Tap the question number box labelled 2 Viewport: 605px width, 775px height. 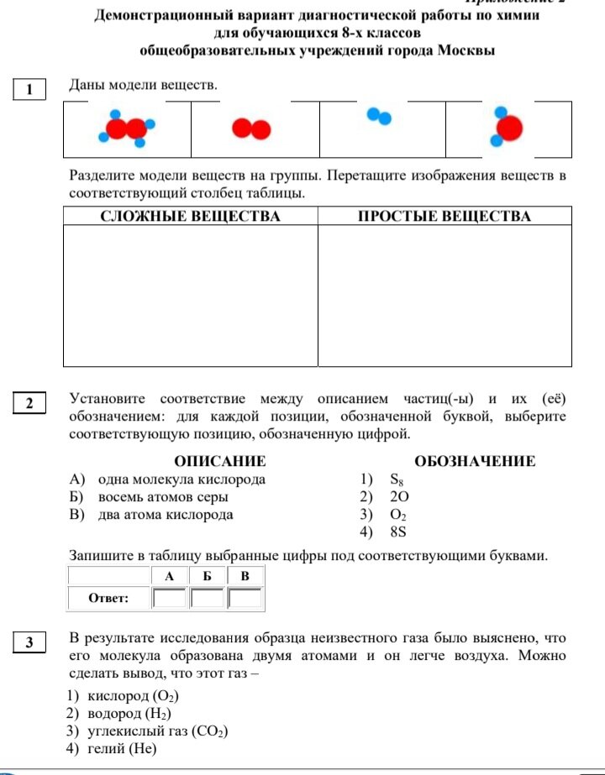pyautogui.click(x=29, y=404)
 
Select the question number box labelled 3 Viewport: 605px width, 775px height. pyautogui.click(x=29, y=643)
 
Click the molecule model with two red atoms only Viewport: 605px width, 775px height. pyautogui.click(x=251, y=128)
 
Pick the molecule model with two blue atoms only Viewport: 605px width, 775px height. pyautogui.click(x=379, y=116)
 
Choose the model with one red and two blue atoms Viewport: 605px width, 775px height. pyautogui.click(x=507, y=127)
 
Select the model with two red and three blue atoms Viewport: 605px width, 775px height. pyautogui.click(x=128, y=128)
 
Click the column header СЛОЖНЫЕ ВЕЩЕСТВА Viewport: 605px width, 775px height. pyautogui.click(x=190, y=217)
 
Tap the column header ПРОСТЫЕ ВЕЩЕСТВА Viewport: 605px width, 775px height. pyautogui.click(x=445, y=217)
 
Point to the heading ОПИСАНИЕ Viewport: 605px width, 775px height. pyautogui.click(x=219, y=461)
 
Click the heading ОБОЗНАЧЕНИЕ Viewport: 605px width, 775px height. pyautogui.click(x=475, y=461)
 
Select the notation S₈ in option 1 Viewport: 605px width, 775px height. pyautogui.click(x=397, y=480)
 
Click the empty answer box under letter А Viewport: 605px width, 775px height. pyautogui.click(x=170, y=599)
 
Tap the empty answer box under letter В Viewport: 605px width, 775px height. pyautogui.click(x=245, y=599)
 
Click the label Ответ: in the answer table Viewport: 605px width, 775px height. pyautogui.click(x=109, y=599)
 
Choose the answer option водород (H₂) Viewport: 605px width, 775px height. pyautogui.click(x=129, y=714)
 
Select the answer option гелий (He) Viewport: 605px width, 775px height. pyautogui.click(x=118, y=749)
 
